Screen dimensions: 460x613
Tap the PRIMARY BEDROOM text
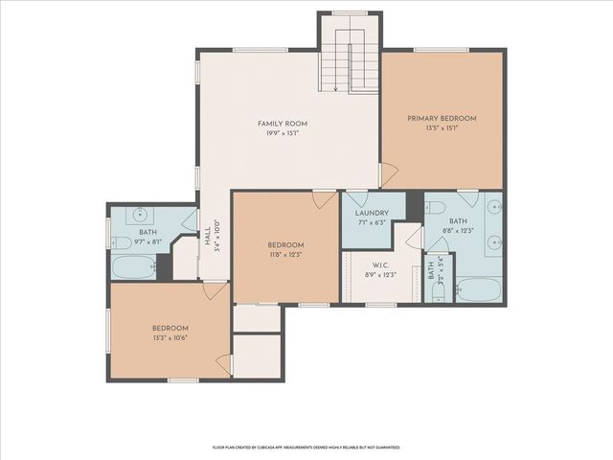pyautogui.click(x=442, y=119)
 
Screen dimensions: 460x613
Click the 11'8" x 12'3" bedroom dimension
pyautogui.click(x=285, y=254)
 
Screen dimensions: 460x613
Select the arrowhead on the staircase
pyautogui.click(x=335, y=89)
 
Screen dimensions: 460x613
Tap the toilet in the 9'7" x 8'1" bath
pyautogui.click(x=118, y=241)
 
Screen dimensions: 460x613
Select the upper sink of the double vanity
pyautogui.click(x=493, y=206)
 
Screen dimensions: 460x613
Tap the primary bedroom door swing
pyautogui.click(x=388, y=175)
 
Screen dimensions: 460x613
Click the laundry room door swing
pyautogui.click(x=355, y=199)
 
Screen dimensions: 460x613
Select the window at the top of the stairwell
pyautogui.click(x=350, y=13)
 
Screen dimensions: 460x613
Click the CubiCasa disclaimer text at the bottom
pyautogui.click(x=306, y=447)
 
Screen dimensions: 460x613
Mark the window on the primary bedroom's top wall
pyautogui.click(x=442, y=49)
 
